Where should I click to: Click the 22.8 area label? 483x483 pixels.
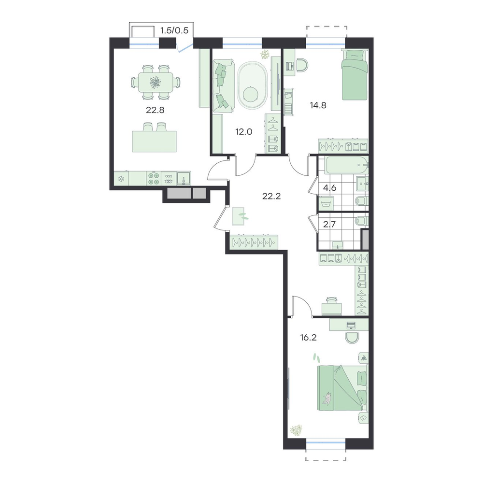[x=155, y=110]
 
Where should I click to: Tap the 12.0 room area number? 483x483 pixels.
[x=243, y=132]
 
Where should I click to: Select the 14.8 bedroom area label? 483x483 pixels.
[x=318, y=105]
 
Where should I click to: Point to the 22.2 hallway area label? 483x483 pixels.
[x=271, y=196]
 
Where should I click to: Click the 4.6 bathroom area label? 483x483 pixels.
[x=329, y=187]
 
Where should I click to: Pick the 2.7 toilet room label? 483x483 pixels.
[x=329, y=224]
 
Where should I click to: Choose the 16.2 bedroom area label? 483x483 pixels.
[x=308, y=338]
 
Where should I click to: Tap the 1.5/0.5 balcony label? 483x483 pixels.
[x=174, y=30]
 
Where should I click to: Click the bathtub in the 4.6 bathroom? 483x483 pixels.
[x=347, y=165]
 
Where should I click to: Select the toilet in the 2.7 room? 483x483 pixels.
[x=361, y=221]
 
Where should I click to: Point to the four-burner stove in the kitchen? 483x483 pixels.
[x=154, y=178]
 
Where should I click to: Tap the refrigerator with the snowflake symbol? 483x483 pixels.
[x=121, y=178]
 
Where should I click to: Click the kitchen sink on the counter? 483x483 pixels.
[x=184, y=178]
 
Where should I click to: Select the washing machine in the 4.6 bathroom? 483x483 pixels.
[x=325, y=203]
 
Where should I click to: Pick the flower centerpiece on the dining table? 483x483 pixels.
[x=155, y=82]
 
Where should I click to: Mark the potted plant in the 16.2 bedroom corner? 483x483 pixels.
[x=296, y=430]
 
